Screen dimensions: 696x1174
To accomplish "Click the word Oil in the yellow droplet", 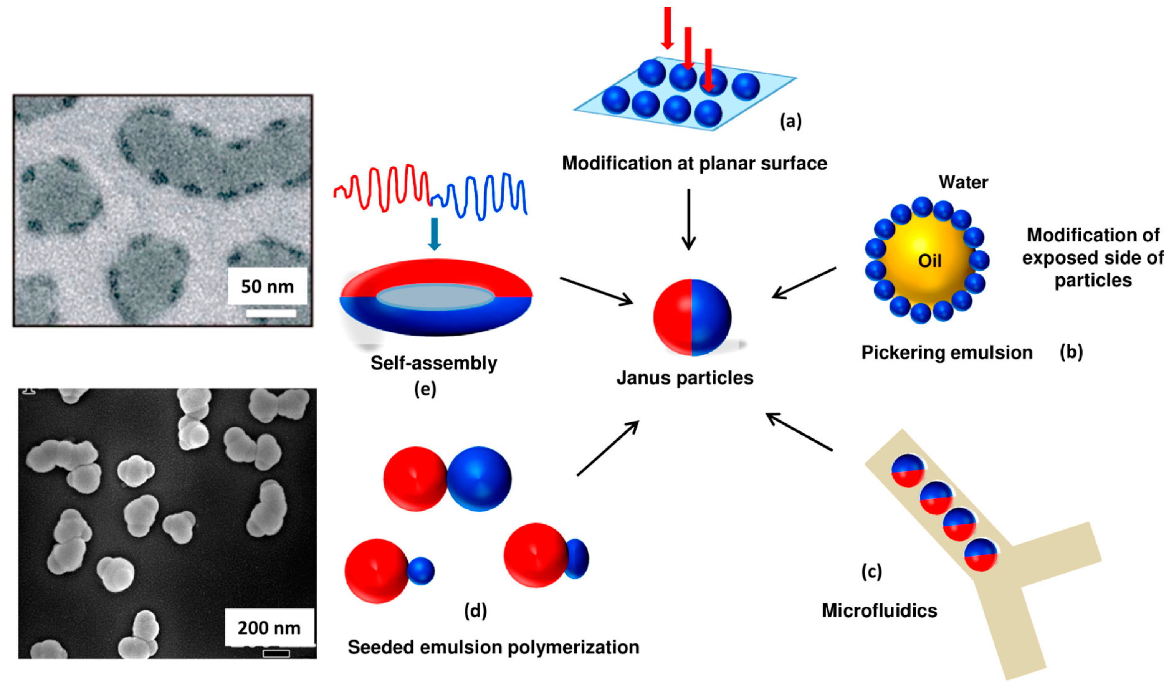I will pyautogui.click(x=929, y=261).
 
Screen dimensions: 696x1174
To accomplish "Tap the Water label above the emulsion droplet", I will pyautogui.click(x=963, y=182).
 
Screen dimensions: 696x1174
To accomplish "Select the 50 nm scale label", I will pyautogui.click(x=267, y=286).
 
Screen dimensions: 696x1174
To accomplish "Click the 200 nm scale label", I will pyautogui.click(x=269, y=628).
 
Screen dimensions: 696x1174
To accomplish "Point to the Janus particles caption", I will pyautogui.click(x=685, y=377).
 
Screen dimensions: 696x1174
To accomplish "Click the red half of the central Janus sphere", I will pyautogui.click(x=672, y=317).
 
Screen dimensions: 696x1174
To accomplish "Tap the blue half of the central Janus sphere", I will pyautogui.click(x=711, y=317).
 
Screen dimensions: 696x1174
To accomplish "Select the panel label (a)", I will pyautogui.click(x=790, y=121).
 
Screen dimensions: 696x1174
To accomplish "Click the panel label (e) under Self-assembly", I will pyautogui.click(x=425, y=389).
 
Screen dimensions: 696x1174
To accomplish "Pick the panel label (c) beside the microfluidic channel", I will pyautogui.click(x=871, y=572).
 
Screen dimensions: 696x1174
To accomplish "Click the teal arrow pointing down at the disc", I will pyautogui.click(x=434, y=233).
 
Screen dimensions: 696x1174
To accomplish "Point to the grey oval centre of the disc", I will pyautogui.click(x=435, y=297).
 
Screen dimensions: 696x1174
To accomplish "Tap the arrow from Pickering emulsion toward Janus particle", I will pyautogui.click(x=804, y=283).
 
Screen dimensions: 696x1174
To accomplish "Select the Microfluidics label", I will pyautogui.click(x=880, y=611).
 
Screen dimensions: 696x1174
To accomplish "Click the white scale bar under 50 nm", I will pyautogui.click(x=271, y=313).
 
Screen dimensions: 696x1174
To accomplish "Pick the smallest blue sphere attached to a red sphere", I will pyautogui.click(x=421, y=571).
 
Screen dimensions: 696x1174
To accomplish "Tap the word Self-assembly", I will pyautogui.click(x=433, y=363).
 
